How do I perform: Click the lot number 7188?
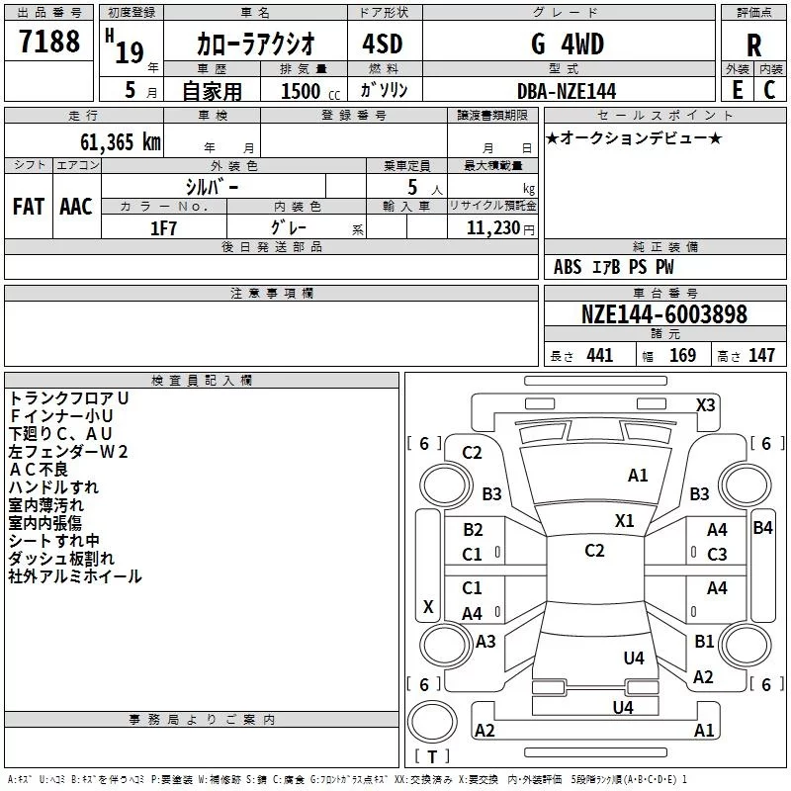pyautogui.click(x=49, y=42)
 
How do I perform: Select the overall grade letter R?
pyautogui.click(x=753, y=45)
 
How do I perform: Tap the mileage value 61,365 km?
pyautogui.click(x=121, y=142)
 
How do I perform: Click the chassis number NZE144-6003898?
pyautogui.click(x=663, y=314)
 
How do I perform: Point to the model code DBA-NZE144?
pyautogui.click(x=567, y=91)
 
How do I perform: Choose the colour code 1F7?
pyautogui.click(x=163, y=228)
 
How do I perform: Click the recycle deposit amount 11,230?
pyautogui.click(x=492, y=228)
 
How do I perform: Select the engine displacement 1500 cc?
pyautogui.click(x=310, y=91)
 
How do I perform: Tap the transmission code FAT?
pyautogui.click(x=29, y=207)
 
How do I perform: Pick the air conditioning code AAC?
pyautogui.click(x=76, y=207)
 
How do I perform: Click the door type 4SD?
pyautogui.click(x=383, y=44)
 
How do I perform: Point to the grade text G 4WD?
pyautogui.click(x=568, y=44)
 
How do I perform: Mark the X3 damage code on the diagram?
pyautogui.click(x=705, y=405)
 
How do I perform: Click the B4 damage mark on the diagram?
pyautogui.click(x=762, y=528)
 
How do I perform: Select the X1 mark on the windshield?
pyautogui.click(x=624, y=521)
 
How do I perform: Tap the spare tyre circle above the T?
pyautogui.click(x=432, y=722)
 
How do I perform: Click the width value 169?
pyautogui.click(x=682, y=355)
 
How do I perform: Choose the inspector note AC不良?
pyautogui.click(x=39, y=469)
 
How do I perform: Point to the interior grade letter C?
pyautogui.click(x=769, y=90)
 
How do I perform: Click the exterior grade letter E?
pyautogui.click(x=737, y=90)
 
